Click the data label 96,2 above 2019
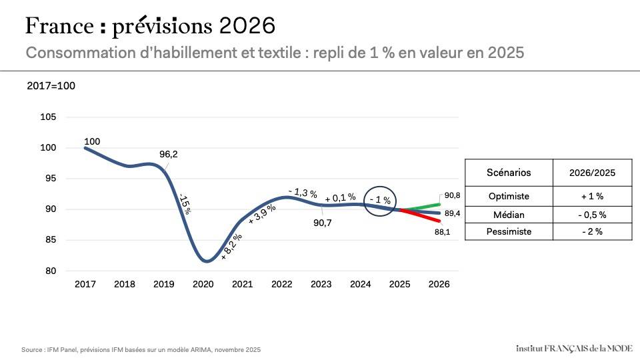coord(169,154)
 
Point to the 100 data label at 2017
coord(92,141)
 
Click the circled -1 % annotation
coord(380,200)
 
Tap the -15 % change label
coord(185,204)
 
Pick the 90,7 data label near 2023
coord(324,224)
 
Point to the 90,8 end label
coord(452,195)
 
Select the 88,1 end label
coord(452,232)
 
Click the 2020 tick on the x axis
coord(203,284)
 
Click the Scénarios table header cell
coord(509,173)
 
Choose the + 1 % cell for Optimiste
coord(592,196)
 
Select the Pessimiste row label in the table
coord(509,231)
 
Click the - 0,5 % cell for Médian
coord(592,214)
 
